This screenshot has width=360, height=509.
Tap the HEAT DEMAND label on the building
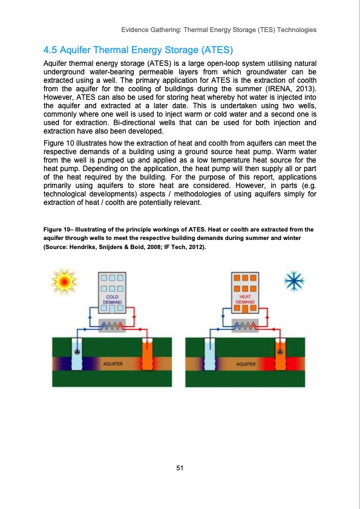pos(246,299)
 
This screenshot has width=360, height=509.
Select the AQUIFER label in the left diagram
pos(113,364)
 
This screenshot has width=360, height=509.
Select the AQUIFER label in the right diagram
pos(246,364)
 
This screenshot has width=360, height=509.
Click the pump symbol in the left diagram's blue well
pos(77,352)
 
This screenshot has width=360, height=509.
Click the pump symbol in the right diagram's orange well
pos(280,352)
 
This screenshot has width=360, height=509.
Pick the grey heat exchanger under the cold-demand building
pos(113,325)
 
